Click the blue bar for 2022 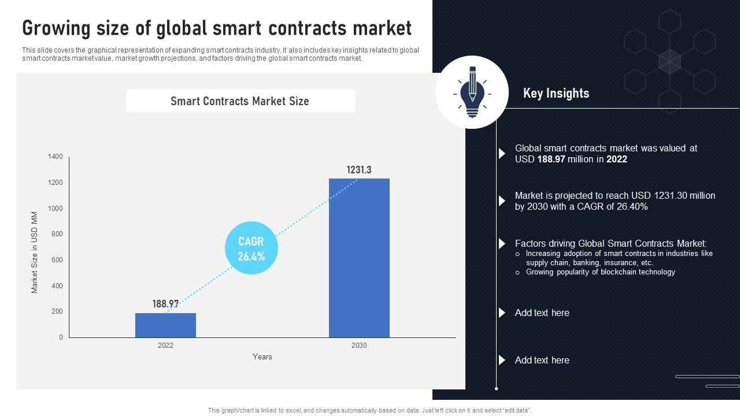click(165, 325)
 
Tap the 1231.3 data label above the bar click(359, 170)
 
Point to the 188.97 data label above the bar click(165, 304)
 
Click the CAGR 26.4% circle click(251, 248)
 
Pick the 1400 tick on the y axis click(56, 157)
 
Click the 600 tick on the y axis click(57, 260)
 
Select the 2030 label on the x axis click(359, 346)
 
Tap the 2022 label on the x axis click(165, 346)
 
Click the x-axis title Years click(262, 356)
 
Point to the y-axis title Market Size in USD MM click(35, 252)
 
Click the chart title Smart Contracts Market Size click(240, 101)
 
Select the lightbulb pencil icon click(472, 92)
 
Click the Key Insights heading click(556, 94)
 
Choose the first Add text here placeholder click(542, 313)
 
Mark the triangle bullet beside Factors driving click(502, 244)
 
